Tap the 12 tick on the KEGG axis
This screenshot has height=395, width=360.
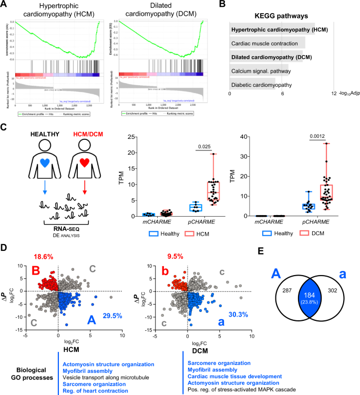[334, 94]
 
